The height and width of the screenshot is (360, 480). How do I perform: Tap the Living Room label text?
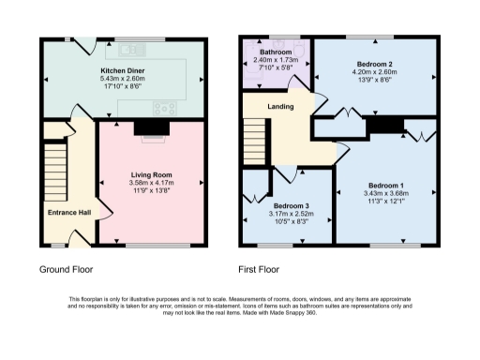tap(150, 174)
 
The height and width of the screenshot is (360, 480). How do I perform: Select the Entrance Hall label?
tap(69, 213)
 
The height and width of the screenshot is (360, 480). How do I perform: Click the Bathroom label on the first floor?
tap(276, 52)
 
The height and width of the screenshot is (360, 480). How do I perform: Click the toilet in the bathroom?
tap(250, 75)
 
